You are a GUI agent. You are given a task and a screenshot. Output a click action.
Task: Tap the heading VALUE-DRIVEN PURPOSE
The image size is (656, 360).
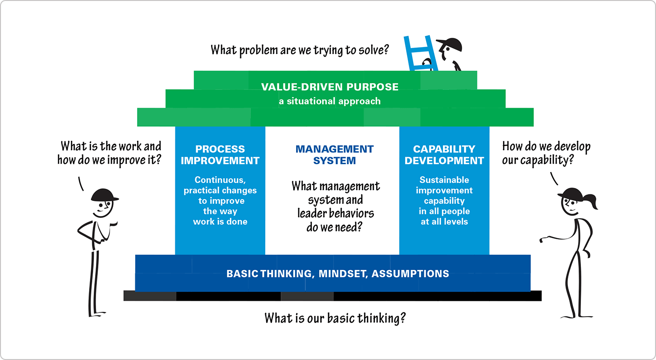point(330,87)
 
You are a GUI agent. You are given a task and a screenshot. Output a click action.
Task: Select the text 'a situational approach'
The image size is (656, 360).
point(330,101)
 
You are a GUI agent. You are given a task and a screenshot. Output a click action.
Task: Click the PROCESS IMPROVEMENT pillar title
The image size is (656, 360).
point(220,155)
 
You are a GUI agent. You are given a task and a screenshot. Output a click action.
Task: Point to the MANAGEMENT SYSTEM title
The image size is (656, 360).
point(334,155)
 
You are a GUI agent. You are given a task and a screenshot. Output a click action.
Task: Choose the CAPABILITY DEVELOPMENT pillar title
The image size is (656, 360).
point(444,155)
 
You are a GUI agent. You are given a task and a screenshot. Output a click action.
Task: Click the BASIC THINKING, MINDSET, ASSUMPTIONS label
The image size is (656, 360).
point(338,274)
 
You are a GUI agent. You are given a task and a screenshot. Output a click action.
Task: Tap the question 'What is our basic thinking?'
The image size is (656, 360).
point(335,318)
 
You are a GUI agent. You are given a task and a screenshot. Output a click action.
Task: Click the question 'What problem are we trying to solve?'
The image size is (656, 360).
point(300,49)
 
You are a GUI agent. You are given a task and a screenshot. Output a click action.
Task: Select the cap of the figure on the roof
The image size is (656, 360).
point(449,45)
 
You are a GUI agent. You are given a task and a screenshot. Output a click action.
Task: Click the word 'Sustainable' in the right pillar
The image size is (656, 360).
point(444,180)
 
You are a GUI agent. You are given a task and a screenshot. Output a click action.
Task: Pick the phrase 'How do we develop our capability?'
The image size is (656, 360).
point(546,153)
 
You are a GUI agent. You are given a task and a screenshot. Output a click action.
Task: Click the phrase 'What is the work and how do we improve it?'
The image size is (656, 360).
point(110,153)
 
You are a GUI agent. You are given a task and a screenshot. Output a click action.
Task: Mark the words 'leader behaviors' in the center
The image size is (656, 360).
point(336,213)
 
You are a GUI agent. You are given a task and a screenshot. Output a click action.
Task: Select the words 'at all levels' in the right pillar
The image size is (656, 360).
point(444,222)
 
